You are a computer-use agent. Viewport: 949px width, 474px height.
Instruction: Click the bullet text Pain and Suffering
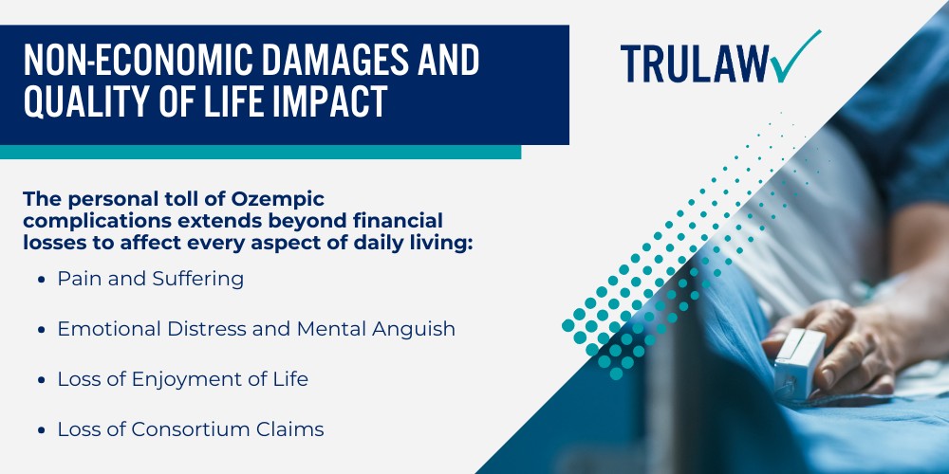click(150, 279)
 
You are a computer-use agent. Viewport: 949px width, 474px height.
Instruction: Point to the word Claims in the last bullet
click(292, 429)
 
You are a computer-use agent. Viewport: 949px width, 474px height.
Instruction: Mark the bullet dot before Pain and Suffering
click(43, 280)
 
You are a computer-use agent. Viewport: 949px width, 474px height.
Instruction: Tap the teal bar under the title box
click(260, 152)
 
